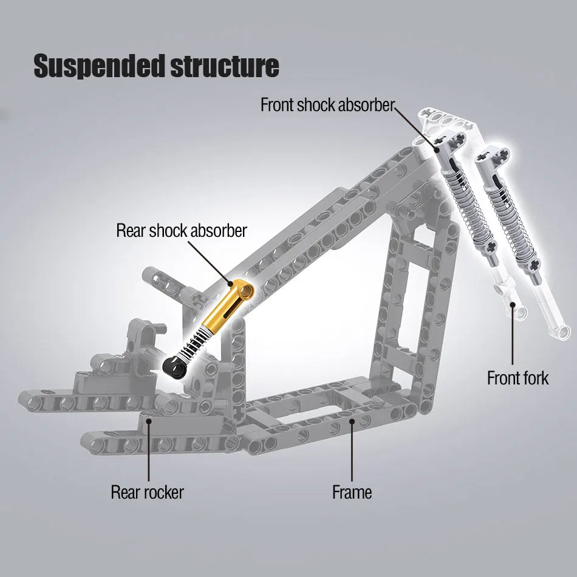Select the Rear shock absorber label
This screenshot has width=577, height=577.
(x=182, y=231)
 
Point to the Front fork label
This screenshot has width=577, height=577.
(x=517, y=378)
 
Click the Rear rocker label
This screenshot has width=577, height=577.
(x=147, y=491)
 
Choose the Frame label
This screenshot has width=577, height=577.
(x=352, y=491)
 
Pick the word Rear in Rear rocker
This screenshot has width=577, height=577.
(x=125, y=491)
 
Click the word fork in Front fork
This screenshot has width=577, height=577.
(x=534, y=378)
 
